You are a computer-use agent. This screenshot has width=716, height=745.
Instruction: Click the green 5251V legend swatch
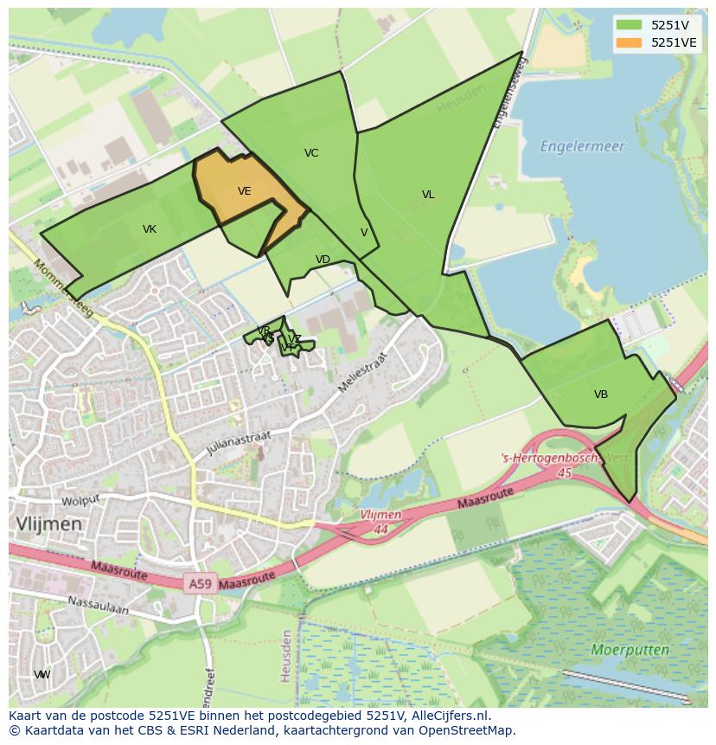tap(629, 25)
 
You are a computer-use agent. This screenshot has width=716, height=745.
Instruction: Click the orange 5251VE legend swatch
tap(629, 42)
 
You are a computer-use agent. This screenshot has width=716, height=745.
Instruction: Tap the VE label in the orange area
tap(245, 191)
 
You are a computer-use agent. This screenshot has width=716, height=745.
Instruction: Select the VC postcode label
tap(311, 153)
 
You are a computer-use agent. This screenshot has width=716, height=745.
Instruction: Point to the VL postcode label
tap(428, 195)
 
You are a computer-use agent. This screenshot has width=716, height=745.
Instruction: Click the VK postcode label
tap(150, 229)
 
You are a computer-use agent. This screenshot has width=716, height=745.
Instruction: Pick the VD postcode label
tap(323, 260)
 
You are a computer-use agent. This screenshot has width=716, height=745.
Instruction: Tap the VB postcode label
tap(601, 395)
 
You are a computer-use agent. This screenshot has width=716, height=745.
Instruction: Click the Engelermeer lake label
tap(582, 146)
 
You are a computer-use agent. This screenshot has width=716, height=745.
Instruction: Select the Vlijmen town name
tap(48, 523)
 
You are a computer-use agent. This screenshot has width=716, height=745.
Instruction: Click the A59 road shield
tap(200, 584)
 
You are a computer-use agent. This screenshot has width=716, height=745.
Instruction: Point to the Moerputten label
tap(630, 649)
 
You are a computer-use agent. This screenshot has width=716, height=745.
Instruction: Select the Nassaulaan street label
tap(98, 605)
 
